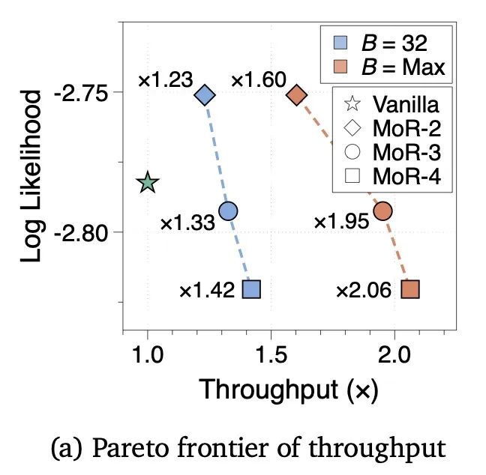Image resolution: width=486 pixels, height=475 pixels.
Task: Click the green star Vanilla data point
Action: point(148,182)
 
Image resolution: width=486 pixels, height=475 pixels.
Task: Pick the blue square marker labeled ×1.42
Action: point(252,289)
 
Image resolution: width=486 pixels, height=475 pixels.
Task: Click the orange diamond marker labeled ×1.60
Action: point(296,95)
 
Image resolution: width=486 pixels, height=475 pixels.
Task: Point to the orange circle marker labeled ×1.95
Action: point(382,211)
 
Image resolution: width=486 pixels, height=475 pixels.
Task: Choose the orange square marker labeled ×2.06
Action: point(410,289)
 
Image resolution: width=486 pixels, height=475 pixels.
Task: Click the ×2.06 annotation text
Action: point(363,290)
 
